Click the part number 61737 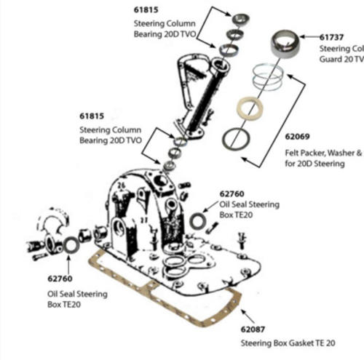(335, 34)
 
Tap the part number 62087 (257, 329)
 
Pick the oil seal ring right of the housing (197, 220)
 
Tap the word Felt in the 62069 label (293, 153)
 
